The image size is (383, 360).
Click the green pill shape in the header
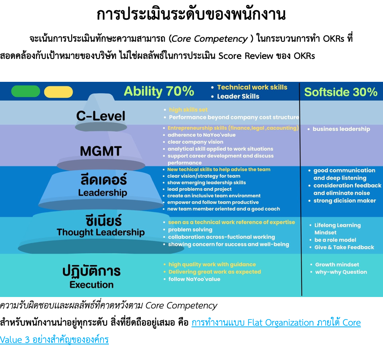[x=26, y=91]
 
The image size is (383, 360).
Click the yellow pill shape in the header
[x=59, y=92]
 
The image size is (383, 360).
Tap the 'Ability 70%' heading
[x=159, y=91]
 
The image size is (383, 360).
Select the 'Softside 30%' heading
[x=341, y=92]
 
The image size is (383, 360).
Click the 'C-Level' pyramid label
[x=101, y=116]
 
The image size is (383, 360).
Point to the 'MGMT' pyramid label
[x=101, y=151]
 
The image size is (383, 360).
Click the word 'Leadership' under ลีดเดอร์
[x=103, y=193]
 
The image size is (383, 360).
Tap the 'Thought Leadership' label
[x=101, y=232]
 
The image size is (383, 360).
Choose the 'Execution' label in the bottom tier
[x=92, y=285]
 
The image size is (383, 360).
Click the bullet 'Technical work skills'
[x=252, y=87]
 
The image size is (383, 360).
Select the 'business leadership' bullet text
[x=342, y=129]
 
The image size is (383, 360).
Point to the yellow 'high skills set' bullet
[x=188, y=110]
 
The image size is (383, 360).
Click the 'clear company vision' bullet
[x=196, y=142]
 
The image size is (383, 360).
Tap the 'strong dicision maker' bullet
[x=345, y=200]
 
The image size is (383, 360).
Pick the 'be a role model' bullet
[x=335, y=240]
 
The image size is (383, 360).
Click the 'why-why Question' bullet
[x=341, y=272]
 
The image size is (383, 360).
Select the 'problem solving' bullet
[x=190, y=229]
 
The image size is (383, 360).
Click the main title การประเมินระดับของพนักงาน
[x=191, y=14]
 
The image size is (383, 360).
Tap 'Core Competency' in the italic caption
[x=181, y=305]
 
